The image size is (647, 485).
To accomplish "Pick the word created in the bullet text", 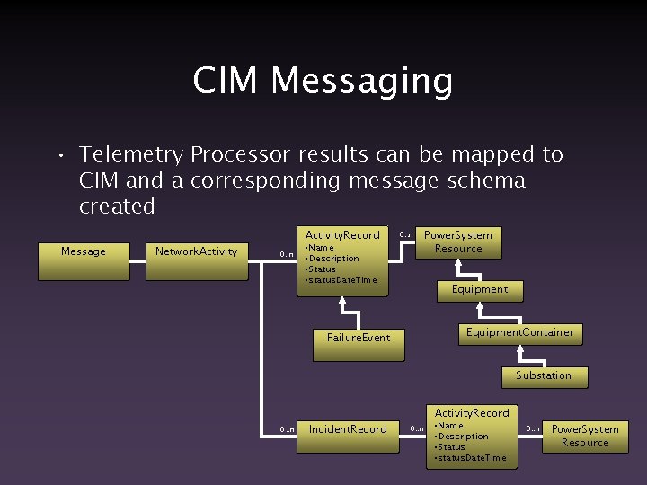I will pos(117,207).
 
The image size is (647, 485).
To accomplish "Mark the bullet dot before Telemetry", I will pos(57,156).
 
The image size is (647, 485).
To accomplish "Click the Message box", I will pos(84,260).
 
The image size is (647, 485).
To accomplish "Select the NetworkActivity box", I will pos(197,260).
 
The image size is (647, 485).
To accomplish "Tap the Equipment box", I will pos(480,290).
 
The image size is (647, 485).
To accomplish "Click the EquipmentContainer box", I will pos(520,333).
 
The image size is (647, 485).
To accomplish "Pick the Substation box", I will pos(544,376).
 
